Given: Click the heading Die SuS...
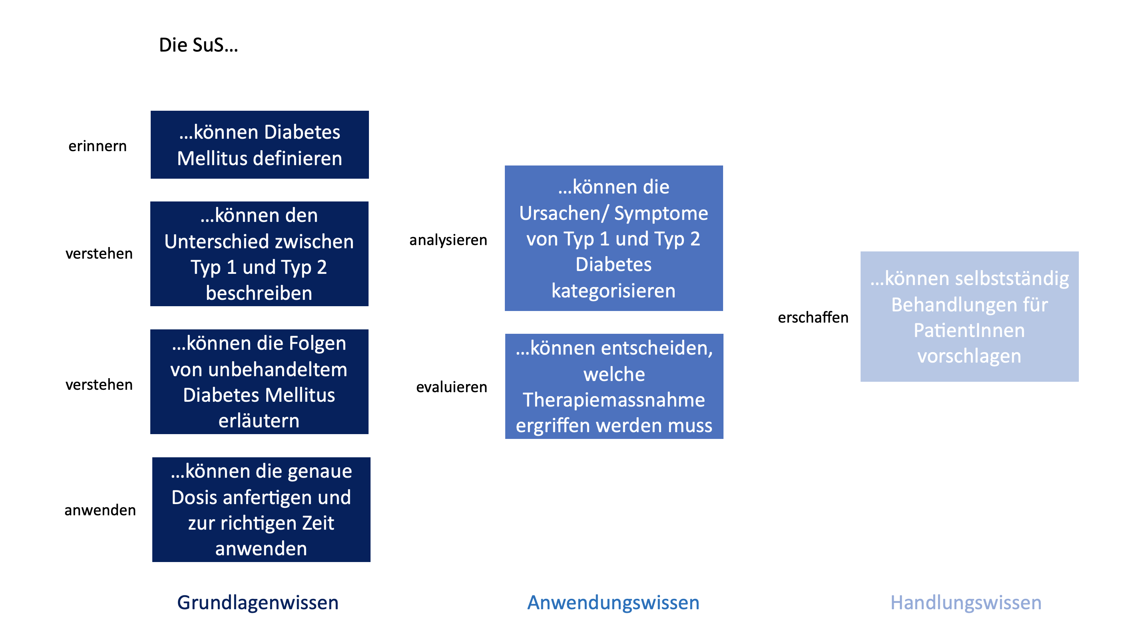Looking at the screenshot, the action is tap(198, 45).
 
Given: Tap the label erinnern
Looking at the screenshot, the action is tap(97, 146).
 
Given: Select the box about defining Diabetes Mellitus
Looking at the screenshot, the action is tap(260, 145).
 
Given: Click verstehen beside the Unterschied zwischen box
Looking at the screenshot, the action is tap(99, 253).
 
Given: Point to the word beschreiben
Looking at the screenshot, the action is tap(259, 293).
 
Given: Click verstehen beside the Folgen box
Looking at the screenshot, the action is tap(99, 384).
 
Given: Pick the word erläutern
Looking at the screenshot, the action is tap(259, 421).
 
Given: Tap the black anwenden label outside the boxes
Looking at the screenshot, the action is tap(100, 510).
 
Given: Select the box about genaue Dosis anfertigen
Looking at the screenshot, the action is tap(261, 510).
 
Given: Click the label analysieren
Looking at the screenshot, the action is tap(448, 240).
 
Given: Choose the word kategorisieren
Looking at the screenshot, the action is tap(614, 291).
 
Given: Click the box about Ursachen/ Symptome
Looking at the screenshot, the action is tap(614, 238).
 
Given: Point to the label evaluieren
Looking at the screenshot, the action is tap(452, 387).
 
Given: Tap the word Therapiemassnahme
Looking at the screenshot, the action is tap(614, 400).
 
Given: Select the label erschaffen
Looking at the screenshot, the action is tap(813, 317).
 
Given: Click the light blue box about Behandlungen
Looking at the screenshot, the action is tap(970, 317).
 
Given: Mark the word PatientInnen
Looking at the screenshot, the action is tap(969, 331).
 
